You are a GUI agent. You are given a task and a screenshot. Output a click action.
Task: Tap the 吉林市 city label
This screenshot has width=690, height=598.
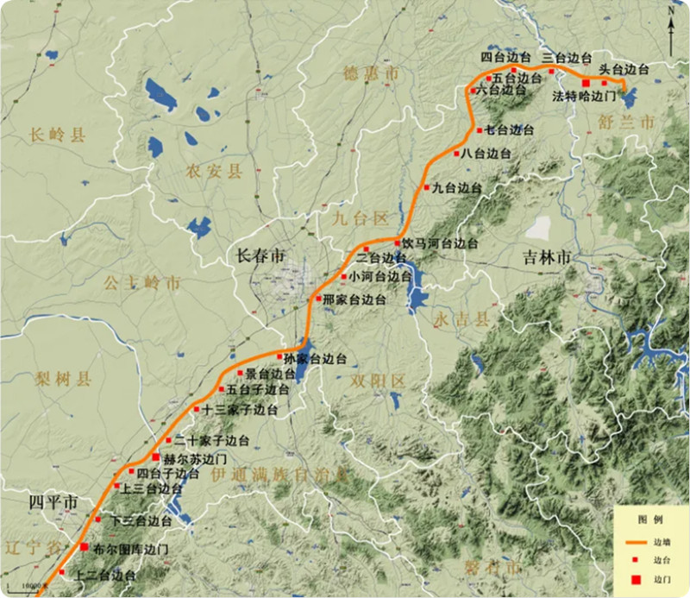(547, 257)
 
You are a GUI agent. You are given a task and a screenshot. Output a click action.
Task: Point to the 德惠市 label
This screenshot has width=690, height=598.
(371, 73)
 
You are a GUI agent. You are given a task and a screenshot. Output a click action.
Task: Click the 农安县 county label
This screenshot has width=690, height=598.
(216, 171)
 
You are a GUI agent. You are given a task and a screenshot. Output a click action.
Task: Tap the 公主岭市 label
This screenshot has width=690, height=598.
(142, 282)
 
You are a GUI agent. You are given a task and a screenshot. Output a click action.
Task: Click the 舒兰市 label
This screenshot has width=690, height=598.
(627, 123)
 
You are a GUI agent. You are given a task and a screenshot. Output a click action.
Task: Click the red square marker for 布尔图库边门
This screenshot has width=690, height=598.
(85, 547)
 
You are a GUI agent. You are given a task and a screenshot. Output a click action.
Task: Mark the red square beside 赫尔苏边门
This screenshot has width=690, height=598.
(156, 456)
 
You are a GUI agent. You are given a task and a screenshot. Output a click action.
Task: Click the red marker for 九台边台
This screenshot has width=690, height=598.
(426, 187)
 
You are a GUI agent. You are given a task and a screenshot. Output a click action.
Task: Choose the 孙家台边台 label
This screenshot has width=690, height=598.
(316, 356)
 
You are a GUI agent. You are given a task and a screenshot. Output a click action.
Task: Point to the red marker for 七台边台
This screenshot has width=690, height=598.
(480, 131)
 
